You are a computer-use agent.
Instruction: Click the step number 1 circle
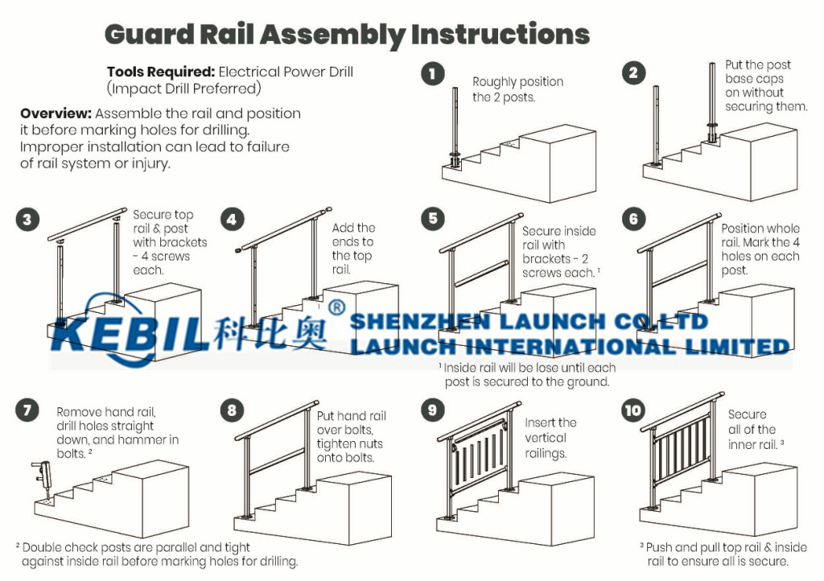coord(432,73)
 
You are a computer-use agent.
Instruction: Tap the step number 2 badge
coord(633,73)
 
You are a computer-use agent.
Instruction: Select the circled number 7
coord(27,410)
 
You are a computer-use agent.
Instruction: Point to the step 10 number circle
coord(633,410)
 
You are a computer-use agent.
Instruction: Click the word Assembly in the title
coord(332,35)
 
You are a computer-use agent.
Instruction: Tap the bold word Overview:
coord(56,113)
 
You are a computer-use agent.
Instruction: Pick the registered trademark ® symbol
coord(337,307)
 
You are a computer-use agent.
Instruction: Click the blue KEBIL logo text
coord(126,333)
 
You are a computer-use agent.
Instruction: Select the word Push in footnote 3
coord(660,547)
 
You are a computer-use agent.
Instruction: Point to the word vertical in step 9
coord(545,438)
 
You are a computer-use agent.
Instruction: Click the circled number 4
coord(232,219)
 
